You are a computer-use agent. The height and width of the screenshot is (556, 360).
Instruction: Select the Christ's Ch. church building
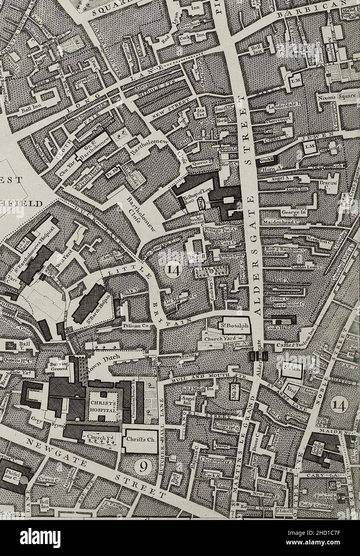coord(140,440)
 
